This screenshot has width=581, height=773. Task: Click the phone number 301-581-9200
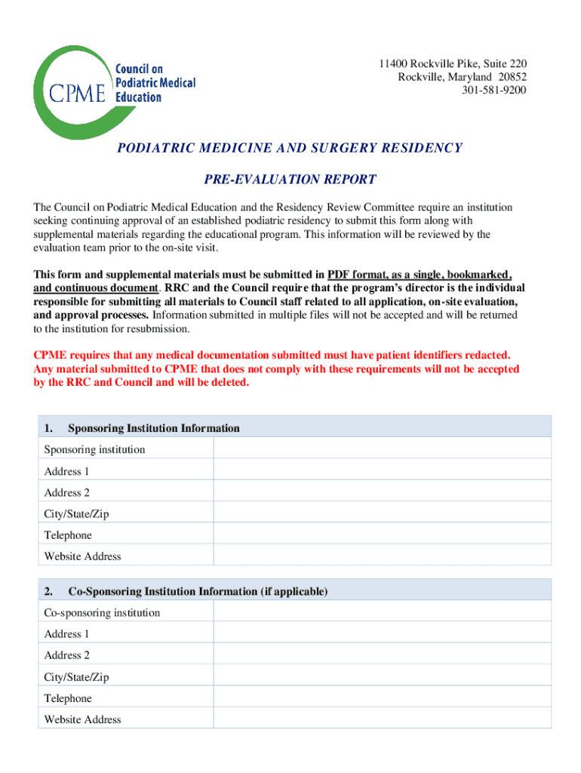(494, 91)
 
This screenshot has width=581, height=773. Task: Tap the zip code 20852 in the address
(511, 77)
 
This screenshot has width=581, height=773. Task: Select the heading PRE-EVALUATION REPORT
(290, 180)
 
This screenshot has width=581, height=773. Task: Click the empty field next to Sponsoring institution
(382, 450)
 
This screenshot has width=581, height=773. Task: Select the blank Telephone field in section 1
(382, 535)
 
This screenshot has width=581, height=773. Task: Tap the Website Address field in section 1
(382, 556)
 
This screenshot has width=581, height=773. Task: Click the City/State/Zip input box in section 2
(382, 677)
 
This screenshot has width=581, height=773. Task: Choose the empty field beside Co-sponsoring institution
(382, 613)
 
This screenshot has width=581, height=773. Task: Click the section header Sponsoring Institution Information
(154, 428)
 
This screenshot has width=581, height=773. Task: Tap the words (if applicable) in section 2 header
(294, 592)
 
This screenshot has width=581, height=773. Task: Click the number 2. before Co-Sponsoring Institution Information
(48, 592)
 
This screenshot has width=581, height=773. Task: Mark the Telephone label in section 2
(68, 698)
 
